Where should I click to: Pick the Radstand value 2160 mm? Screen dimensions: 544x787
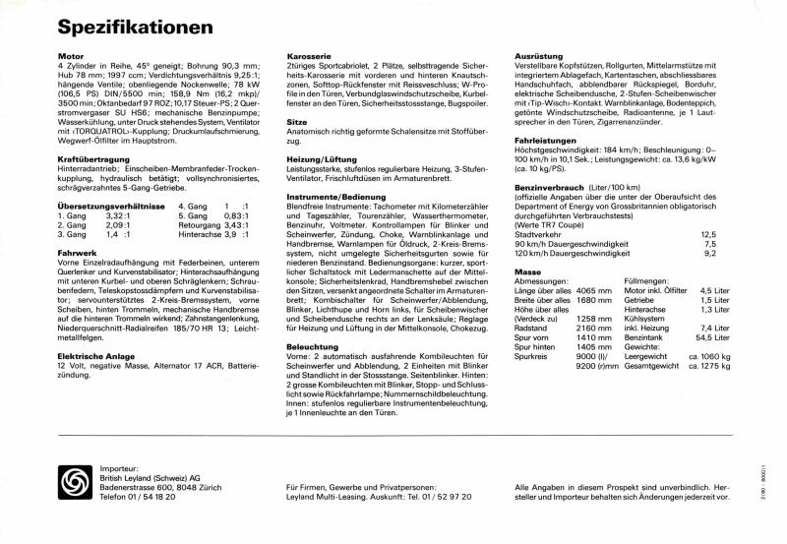coord(592,328)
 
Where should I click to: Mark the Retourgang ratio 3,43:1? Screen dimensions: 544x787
coord(234,223)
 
